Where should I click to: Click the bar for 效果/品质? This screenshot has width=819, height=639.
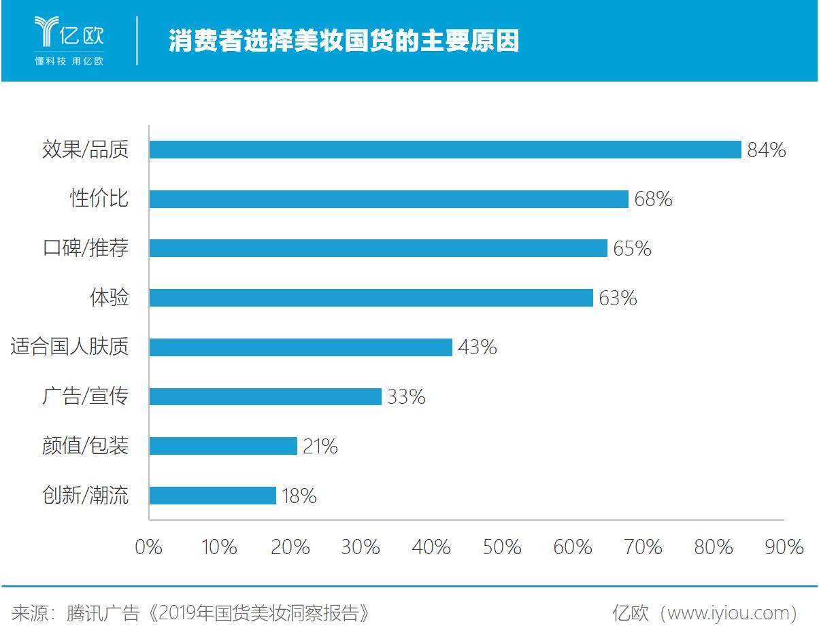pyautogui.click(x=445, y=150)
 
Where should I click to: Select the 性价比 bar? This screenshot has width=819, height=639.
pyautogui.click(x=388, y=199)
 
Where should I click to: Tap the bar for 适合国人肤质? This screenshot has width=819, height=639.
pyautogui.click(x=301, y=347)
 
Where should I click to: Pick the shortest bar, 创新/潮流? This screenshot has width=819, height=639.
pyautogui.click(x=212, y=496)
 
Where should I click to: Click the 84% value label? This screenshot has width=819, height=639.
pyautogui.click(x=766, y=150)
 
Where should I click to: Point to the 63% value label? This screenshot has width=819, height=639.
pyautogui.click(x=618, y=298)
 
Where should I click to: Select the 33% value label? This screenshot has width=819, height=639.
pyautogui.click(x=406, y=397)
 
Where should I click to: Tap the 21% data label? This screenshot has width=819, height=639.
pyautogui.click(x=318, y=447)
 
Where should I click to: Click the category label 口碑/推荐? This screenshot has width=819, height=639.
pyautogui.click(x=85, y=249)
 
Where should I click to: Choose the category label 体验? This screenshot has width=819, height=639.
pyautogui.click(x=109, y=298)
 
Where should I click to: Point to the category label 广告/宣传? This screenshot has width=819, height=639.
pyautogui.click(x=85, y=397)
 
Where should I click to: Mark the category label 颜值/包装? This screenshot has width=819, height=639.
pyautogui.click(x=85, y=447)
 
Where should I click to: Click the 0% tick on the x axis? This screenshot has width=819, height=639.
pyautogui.click(x=149, y=547)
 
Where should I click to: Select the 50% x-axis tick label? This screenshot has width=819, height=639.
pyautogui.click(x=502, y=547)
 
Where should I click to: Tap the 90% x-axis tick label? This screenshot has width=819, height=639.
pyautogui.click(x=784, y=547)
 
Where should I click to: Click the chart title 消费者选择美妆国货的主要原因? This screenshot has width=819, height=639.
pyautogui.click(x=344, y=41)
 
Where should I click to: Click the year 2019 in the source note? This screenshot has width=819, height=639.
pyautogui.click(x=176, y=613)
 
